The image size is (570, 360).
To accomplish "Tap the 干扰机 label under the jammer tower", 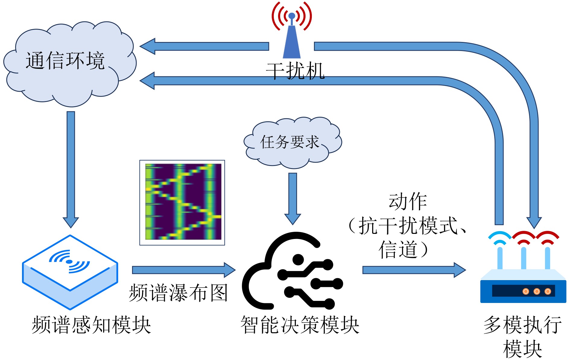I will click(x=295, y=71).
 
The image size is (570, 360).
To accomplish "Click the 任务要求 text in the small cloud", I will click(x=290, y=142).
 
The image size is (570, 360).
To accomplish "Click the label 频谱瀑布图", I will click(x=178, y=293).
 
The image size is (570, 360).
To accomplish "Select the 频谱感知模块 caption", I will click(x=91, y=325).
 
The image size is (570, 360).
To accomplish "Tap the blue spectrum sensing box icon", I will click(x=70, y=272).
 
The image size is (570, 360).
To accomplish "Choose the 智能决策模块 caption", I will click(x=300, y=325).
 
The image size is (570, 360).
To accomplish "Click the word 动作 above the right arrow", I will click(x=408, y=202).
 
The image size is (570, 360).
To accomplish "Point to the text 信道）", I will click(x=404, y=249).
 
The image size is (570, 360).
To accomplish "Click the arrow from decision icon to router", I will click(x=413, y=270).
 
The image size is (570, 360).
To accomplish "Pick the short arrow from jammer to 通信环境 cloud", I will click(x=205, y=46).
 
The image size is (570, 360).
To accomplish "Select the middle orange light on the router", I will click(x=537, y=291).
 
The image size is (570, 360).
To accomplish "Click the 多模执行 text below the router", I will click(x=522, y=325).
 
